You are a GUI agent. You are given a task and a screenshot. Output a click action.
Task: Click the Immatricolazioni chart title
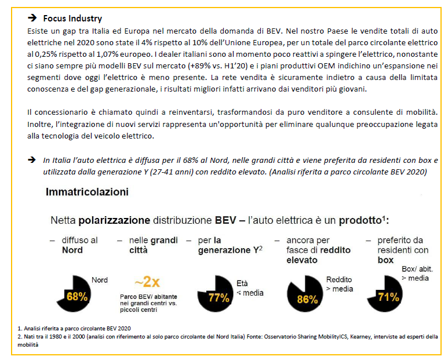click(87, 191)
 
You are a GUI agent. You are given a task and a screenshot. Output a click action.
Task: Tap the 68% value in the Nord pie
click(77, 296)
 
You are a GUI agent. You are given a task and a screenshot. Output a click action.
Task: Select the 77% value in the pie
click(219, 298)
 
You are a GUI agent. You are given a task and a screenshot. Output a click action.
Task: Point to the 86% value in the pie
click(307, 299)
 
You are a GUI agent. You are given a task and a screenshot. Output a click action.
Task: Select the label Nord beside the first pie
click(100, 280)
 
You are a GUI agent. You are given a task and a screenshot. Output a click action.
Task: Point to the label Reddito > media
click(339, 283)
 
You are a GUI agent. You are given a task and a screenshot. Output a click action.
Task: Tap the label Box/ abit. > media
click(416, 274)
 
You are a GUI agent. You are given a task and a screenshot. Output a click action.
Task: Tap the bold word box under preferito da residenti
click(385, 260)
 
